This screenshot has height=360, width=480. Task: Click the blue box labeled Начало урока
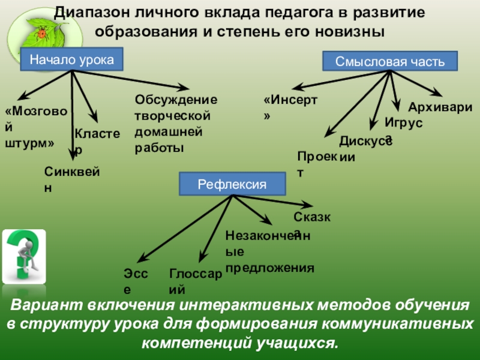[x=72, y=60]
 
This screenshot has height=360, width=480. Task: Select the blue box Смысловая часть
[x=390, y=61]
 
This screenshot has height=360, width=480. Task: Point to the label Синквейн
[x=71, y=179]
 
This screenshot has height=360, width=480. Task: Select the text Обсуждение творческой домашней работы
[x=175, y=123]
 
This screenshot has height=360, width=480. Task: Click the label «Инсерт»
[x=290, y=107]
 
